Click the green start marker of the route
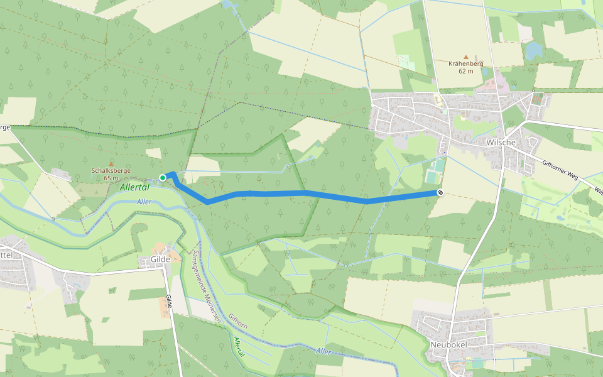click(163, 178)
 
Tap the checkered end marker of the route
click(440, 192)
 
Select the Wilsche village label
click(501, 143)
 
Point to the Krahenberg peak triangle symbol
click(465, 57)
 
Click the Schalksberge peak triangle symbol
click(112, 163)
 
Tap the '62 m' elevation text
click(465, 71)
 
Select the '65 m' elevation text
click(112, 178)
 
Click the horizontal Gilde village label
click(161, 259)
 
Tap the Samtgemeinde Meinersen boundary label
click(207, 293)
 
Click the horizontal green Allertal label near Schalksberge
click(134, 188)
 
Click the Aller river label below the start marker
click(144, 202)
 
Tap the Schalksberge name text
click(112, 171)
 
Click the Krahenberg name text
click(465, 63)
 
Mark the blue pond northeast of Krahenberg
click(535, 50)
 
